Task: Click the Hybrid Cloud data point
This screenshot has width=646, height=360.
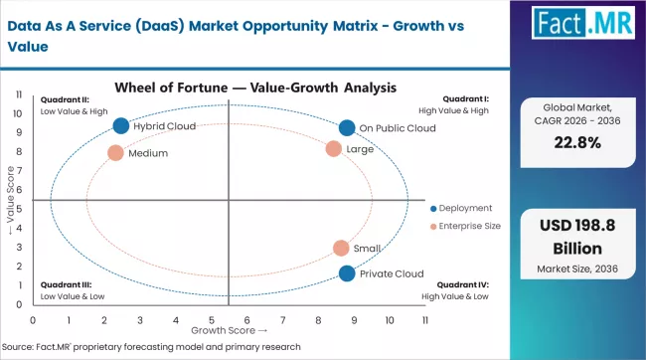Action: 121,126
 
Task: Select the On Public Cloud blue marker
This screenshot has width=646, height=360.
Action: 346,127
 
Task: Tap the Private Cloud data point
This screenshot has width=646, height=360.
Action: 346,274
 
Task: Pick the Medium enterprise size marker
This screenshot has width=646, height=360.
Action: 115,153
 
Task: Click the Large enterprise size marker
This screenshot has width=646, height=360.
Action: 334,149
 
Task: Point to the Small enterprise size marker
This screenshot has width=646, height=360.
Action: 341,249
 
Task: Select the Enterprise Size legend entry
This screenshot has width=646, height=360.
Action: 466,227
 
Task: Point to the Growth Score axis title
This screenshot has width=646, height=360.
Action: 230,330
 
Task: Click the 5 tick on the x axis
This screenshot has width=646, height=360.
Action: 211,320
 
